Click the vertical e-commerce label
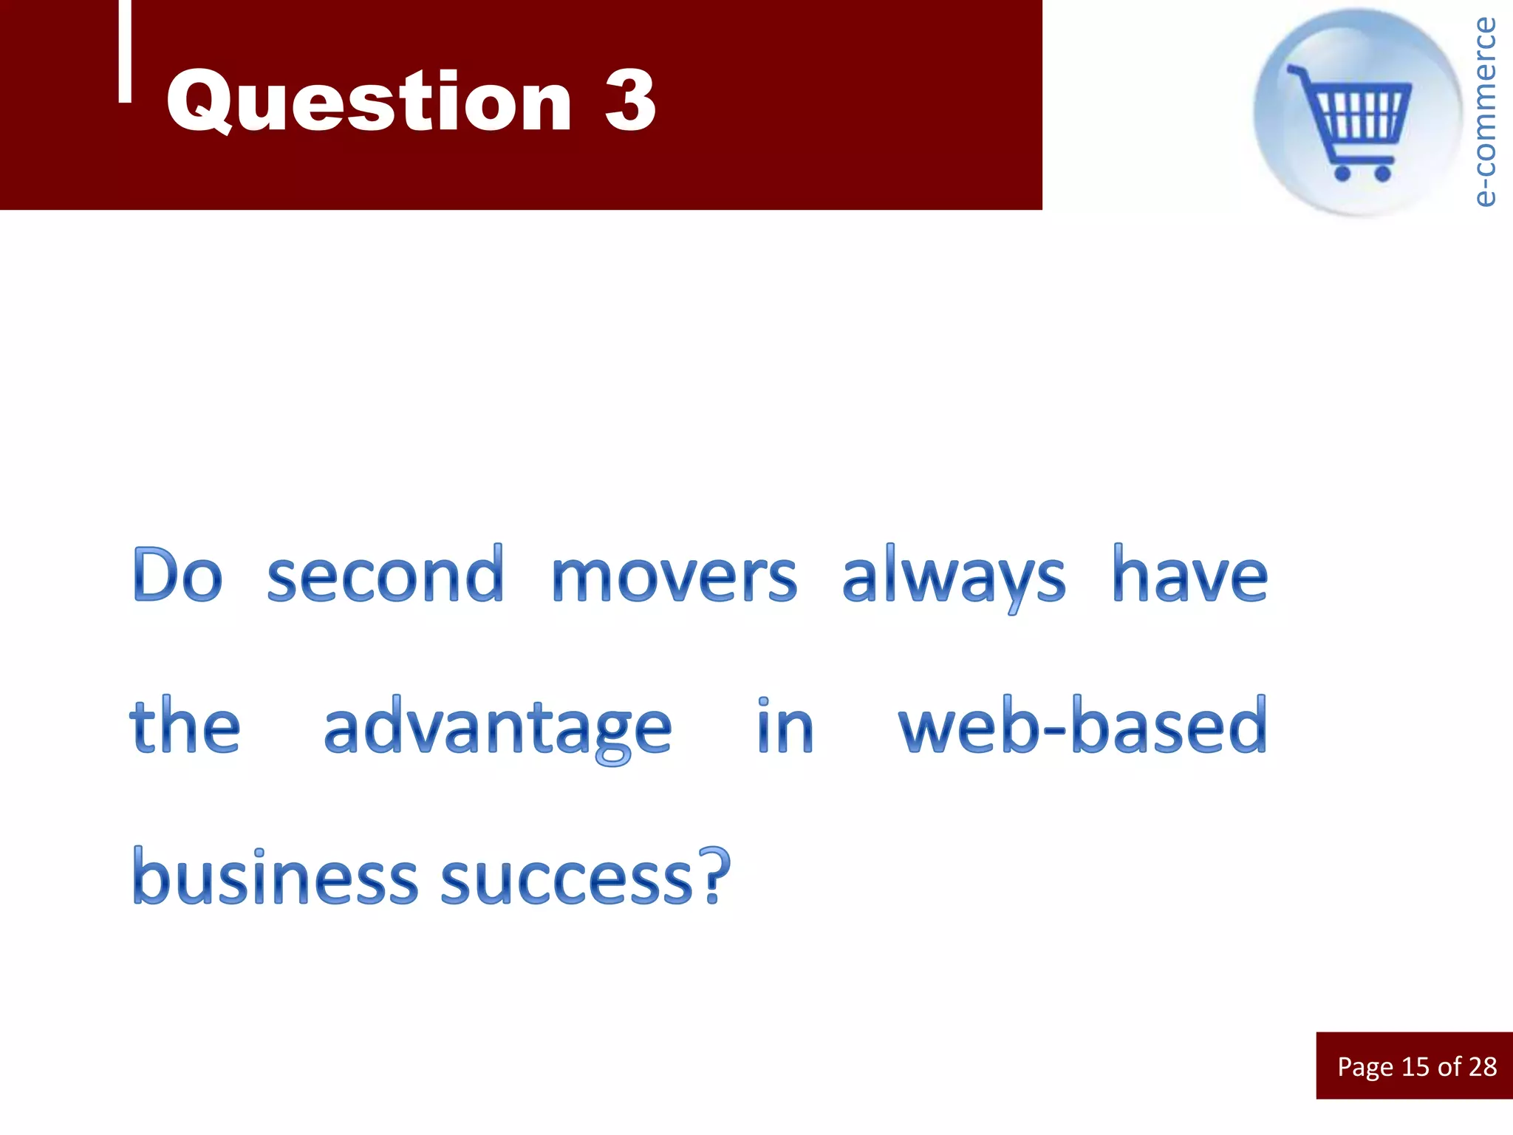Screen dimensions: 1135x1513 click(1483, 111)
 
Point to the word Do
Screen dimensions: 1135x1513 click(177, 576)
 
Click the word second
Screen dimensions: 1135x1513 click(385, 576)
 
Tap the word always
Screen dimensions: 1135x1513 click(953, 577)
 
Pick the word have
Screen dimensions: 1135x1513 click(1189, 576)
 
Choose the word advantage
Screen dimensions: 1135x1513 click(497, 729)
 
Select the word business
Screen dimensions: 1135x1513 click(275, 877)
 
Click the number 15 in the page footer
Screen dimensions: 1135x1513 click(1415, 1066)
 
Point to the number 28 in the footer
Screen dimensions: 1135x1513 click(1482, 1066)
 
